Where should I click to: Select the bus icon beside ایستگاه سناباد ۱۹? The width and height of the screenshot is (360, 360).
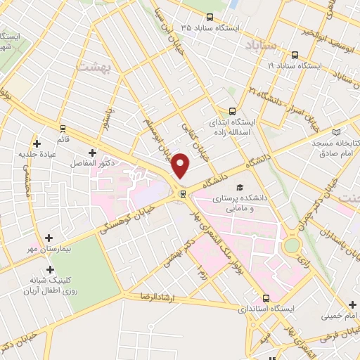(294, 55)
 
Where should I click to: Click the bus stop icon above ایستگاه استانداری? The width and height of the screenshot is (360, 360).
(266, 297)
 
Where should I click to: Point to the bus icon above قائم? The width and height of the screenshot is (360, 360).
(63, 129)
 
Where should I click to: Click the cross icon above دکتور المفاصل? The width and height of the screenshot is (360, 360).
(92, 152)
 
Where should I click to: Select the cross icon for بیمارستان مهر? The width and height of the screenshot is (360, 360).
(48, 238)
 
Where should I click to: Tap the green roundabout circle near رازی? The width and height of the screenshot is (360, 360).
(290, 246)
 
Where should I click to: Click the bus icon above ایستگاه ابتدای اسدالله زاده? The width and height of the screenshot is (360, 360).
(232, 111)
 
